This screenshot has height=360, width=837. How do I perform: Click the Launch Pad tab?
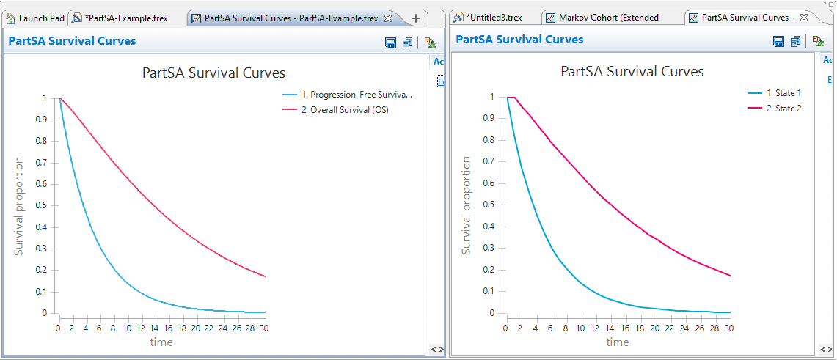click(x=36, y=18)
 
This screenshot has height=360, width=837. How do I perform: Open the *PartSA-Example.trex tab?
click(x=125, y=18)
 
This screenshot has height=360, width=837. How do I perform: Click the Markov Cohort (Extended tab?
click(x=608, y=17)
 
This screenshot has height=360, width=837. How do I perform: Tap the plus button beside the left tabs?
click(x=416, y=18)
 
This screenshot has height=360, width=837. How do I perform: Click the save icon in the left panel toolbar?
click(x=391, y=43)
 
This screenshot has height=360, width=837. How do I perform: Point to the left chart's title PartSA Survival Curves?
click(x=213, y=73)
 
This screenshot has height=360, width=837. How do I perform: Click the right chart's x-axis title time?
click(x=618, y=342)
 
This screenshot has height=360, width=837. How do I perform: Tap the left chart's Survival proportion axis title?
click(x=19, y=206)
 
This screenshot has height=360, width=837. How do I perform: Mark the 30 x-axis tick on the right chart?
click(x=729, y=327)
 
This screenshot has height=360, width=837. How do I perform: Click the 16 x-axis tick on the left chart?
click(x=168, y=328)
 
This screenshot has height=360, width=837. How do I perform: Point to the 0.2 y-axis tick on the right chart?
click(x=489, y=269)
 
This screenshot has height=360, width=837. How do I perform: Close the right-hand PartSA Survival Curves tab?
click(x=804, y=17)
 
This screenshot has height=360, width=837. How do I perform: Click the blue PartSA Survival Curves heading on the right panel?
click(x=519, y=40)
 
